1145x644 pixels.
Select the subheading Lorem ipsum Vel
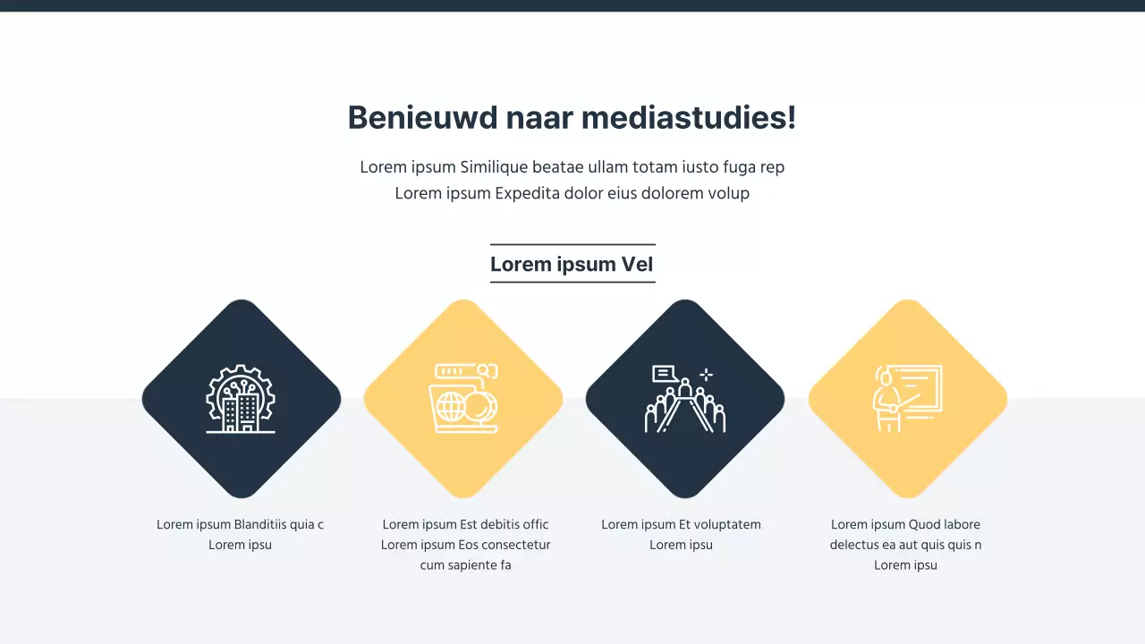coord(572,264)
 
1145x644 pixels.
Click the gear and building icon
coord(241,399)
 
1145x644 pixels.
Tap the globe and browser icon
coord(463,399)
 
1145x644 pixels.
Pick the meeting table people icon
coord(685,400)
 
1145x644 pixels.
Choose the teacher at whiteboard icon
coord(907,399)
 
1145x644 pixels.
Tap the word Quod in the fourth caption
coord(925,525)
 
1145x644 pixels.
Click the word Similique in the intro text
coord(494,167)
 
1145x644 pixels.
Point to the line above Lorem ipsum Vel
coord(572,244)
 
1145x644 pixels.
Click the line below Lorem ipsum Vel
coord(572,282)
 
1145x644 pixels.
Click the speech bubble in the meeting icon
coord(665,373)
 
